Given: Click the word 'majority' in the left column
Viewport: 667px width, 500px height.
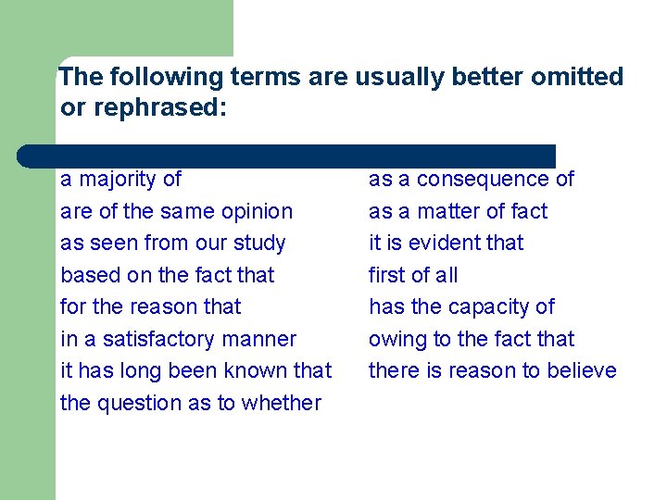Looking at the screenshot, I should (x=117, y=180).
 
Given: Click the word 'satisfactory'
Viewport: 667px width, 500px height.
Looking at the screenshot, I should (x=152, y=339).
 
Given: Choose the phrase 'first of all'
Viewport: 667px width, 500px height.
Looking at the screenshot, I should (x=413, y=275).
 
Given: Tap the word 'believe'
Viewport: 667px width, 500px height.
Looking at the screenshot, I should (x=581, y=370).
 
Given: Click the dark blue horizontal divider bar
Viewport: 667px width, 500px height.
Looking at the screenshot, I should (x=287, y=156).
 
